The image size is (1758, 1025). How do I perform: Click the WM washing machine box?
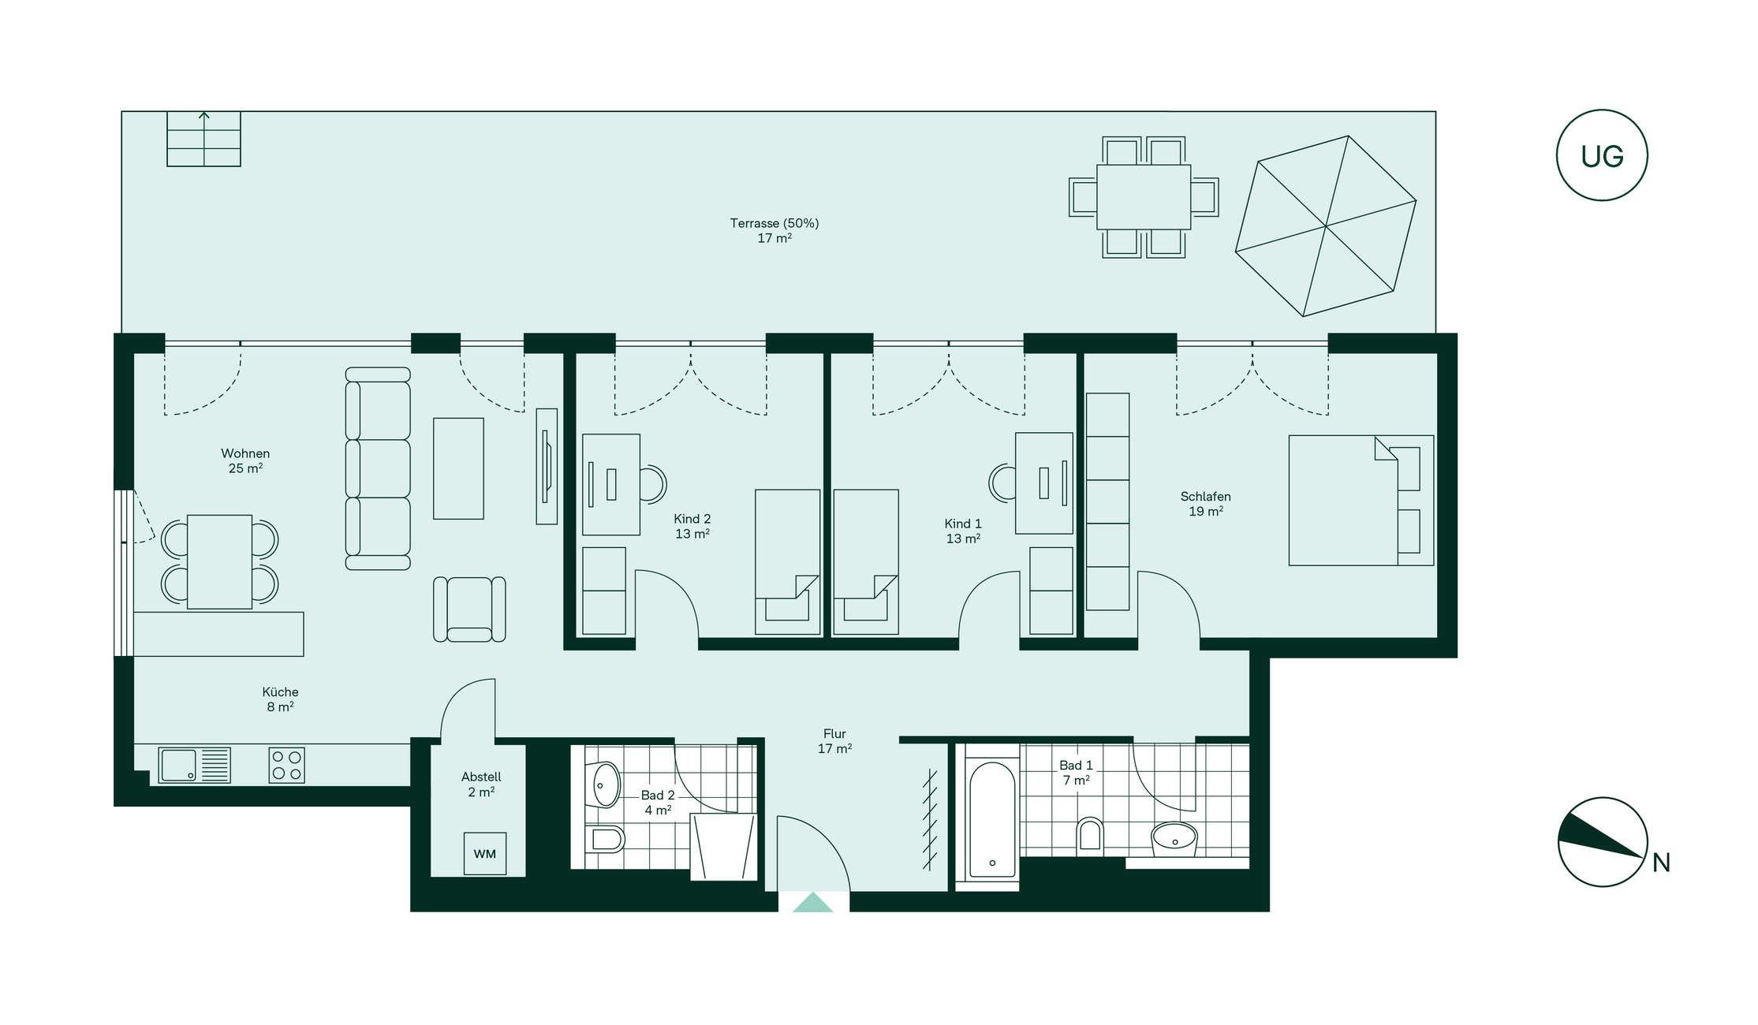484,853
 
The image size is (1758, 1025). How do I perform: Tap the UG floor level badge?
1602,155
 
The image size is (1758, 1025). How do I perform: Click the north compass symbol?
1603,842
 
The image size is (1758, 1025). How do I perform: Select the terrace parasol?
1326,226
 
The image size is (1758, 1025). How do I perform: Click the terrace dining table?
1144,197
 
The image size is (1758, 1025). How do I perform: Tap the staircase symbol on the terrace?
203,139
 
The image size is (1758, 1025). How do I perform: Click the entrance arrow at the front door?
812,902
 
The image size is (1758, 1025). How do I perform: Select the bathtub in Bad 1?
991,820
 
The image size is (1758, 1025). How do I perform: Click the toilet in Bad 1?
1090,834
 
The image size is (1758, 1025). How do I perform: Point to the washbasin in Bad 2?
606,784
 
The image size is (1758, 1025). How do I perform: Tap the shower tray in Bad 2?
723,847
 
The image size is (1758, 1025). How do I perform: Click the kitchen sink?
194,765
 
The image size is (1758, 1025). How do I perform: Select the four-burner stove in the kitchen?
286,765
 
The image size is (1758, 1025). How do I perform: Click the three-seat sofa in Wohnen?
378,468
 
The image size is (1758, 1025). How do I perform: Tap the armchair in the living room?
469,609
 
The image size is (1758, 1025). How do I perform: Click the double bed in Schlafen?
1361,500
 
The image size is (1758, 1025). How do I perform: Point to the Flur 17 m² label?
834,741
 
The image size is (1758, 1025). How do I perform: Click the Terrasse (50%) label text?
774,223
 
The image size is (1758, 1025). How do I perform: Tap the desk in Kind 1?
1043,483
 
